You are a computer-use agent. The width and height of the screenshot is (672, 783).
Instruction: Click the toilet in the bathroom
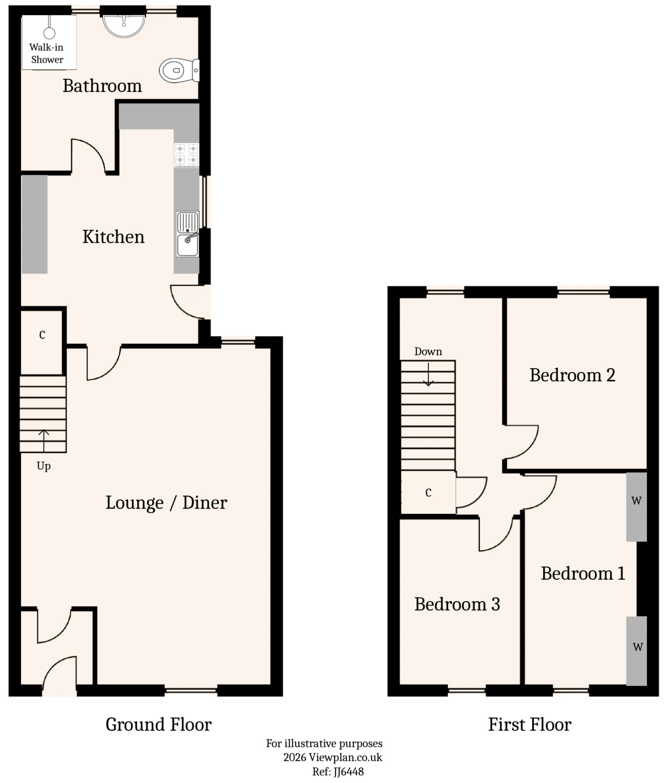point(178,70)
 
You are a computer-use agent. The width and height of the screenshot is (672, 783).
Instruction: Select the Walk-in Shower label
point(46,53)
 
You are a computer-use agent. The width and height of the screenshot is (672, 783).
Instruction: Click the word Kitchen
point(114,237)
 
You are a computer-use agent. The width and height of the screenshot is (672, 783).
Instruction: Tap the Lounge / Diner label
point(166,503)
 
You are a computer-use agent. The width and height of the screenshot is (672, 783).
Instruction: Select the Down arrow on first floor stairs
point(429,374)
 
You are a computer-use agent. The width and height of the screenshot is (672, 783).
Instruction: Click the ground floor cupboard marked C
point(42,335)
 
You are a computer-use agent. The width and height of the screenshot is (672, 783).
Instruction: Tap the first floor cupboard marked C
point(428,492)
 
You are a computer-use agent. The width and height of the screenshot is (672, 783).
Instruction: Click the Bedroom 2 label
point(572,375)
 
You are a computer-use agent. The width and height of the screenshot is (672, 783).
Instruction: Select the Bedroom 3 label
point(457,604)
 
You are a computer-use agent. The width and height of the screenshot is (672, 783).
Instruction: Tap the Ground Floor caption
point(158,725)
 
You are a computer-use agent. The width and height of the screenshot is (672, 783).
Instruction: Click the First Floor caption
point(529,725)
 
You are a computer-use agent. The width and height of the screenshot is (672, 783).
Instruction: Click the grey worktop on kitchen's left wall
point(35,224)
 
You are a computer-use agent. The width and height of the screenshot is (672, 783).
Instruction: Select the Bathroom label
point(102,86)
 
